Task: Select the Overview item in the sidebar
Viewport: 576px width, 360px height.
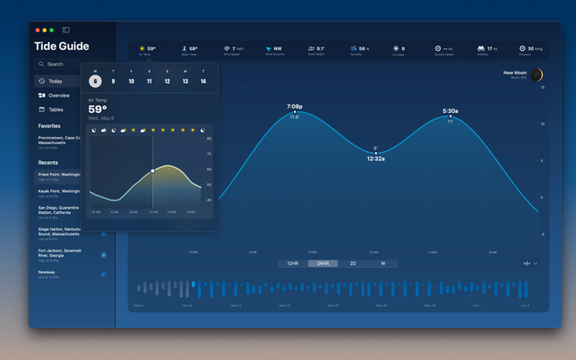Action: tap(59, 95)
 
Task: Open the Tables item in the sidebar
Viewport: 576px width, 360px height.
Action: tap(56, 109)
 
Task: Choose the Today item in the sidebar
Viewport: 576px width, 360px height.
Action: tap(56, 81)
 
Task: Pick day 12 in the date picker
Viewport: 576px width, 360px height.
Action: tap(168, 81)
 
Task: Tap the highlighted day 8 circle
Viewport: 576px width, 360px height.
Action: tap(95, 81)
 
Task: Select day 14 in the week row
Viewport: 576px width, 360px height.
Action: tap(203, 81)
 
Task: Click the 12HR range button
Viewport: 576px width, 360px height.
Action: tap(293, 263)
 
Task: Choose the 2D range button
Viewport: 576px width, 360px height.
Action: tap(353, 263)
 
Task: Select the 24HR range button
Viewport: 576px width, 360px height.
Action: tap(323, 263)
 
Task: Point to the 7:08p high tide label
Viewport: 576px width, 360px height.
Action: tap(295, 107)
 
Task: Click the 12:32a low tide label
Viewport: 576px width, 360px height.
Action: tap(376, 159)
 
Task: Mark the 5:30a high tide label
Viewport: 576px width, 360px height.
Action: tap(451, 111)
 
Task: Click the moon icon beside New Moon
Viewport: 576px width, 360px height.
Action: tap(537, 74)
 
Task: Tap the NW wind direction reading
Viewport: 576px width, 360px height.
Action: tap(277, 48)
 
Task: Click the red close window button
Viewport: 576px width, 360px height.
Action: tap(38, 30)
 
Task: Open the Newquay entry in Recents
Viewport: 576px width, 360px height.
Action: tap(47, 272)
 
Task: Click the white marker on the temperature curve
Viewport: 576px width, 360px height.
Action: tap(153, 170)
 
